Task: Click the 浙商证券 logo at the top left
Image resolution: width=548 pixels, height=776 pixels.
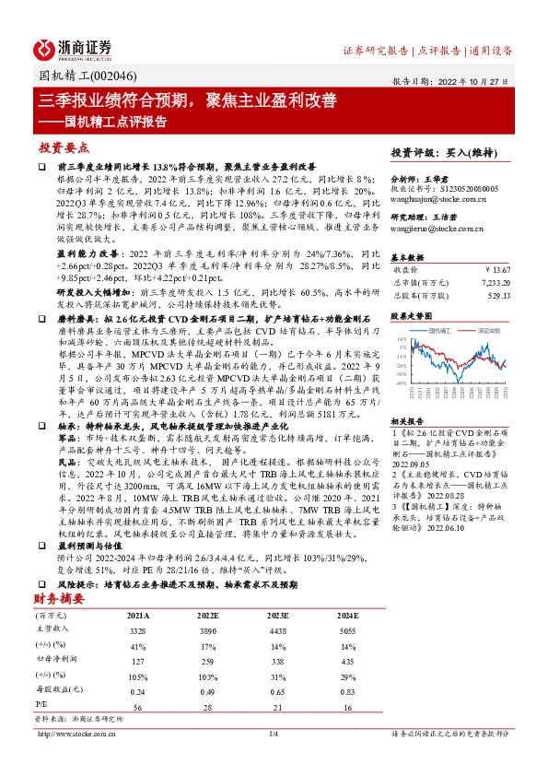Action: (73, 48)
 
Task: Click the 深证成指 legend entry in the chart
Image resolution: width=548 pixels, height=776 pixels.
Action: (482, 328)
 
